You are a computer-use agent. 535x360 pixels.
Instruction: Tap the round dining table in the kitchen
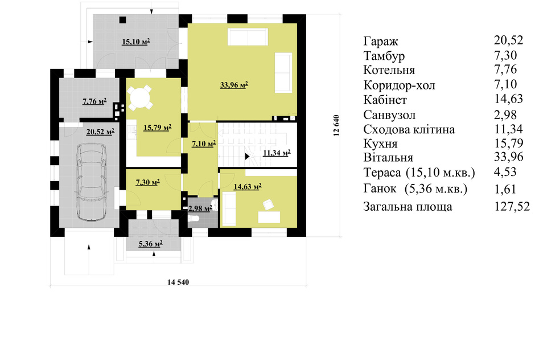tap(139, 97)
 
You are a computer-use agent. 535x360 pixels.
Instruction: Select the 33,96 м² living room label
tap(234, 84)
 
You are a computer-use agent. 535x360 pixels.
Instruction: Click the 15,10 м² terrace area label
tap(136, 42)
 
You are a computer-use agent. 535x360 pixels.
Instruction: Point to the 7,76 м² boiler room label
tap(94, 101)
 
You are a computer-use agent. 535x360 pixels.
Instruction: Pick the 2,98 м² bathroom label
tap(200, 208)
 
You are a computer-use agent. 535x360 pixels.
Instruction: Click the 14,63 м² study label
tap(248, 186)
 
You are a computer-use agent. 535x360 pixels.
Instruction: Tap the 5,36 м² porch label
tap(150, 244)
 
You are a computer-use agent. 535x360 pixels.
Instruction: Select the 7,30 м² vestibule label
tap(148, 182)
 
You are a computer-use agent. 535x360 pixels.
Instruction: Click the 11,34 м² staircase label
tap(277, 153)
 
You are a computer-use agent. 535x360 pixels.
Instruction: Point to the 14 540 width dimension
tap(178, 282)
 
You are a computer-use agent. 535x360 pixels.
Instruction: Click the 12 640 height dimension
tap(336, 125)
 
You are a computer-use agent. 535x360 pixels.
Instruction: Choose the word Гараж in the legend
tap(381, 42)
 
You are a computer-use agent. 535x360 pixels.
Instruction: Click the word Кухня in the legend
tap(380, 144)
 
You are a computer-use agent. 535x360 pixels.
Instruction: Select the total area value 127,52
tap(512, 206)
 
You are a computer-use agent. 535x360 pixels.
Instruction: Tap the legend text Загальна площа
tap(408, 207)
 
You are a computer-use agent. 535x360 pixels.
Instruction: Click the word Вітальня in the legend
tap(388, 157)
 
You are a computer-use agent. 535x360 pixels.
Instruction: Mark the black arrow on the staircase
tap(248, 157)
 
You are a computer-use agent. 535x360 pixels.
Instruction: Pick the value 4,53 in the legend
tap(505, 171)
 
